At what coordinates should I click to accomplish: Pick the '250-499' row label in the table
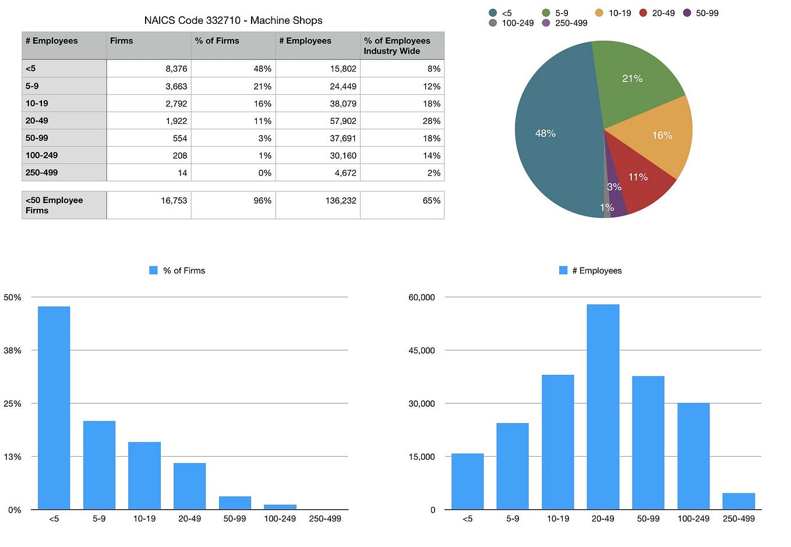point(42,173)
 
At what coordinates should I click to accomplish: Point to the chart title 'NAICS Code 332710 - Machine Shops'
point(233,20)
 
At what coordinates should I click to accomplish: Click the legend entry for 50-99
point(707,13)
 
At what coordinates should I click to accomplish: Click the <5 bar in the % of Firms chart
point(54,407)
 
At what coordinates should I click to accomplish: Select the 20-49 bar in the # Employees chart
point(603,407)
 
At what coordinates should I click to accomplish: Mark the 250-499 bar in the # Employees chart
point(739,502)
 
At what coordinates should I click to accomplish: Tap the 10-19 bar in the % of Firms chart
point(144,476)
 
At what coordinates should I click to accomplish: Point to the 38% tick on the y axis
point(12,350)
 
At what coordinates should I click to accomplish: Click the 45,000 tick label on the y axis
point(422,350)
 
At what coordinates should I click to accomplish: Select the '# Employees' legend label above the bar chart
point(596,271)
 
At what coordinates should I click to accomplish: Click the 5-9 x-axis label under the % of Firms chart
point(99,518)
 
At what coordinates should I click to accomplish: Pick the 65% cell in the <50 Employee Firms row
point(431,201)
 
